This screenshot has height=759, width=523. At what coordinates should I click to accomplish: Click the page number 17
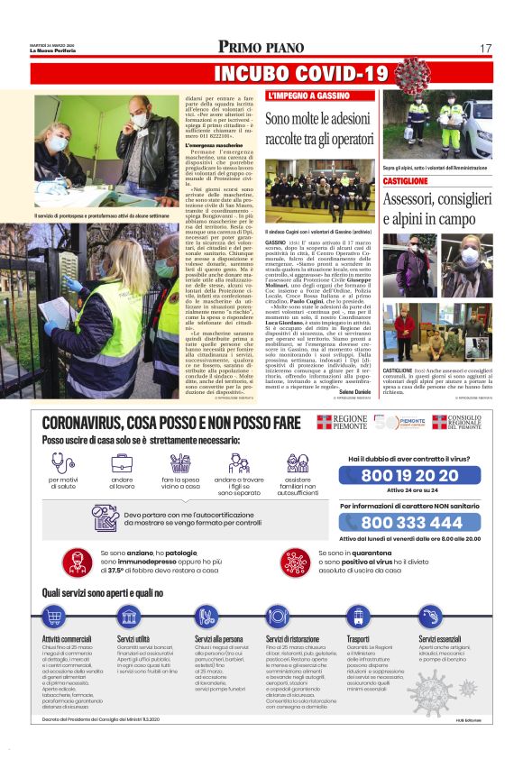485,48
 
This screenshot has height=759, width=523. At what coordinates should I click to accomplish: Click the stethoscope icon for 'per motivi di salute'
62,463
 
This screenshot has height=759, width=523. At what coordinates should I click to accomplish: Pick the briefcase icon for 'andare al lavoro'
122,463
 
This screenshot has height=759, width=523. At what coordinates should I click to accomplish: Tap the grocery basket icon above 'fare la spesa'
179,463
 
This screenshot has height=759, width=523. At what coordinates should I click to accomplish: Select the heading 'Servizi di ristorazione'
292,638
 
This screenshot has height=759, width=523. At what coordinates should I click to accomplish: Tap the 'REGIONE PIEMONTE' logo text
350,424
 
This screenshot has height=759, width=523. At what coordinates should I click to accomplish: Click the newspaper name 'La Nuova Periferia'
57,50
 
